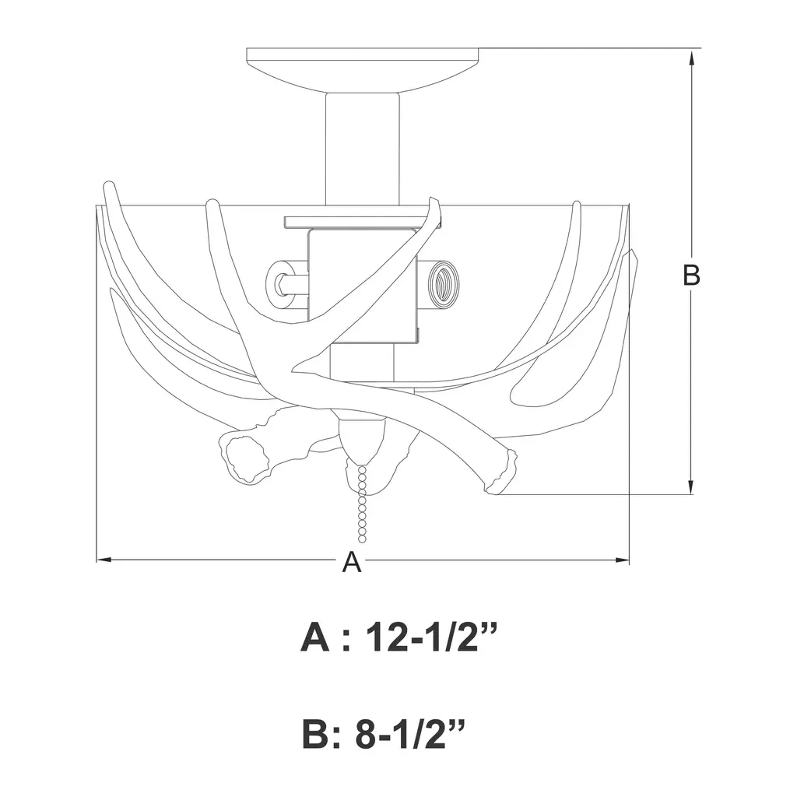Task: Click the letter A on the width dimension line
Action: (x=352, y=562)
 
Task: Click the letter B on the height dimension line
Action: (x=691, y=275)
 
